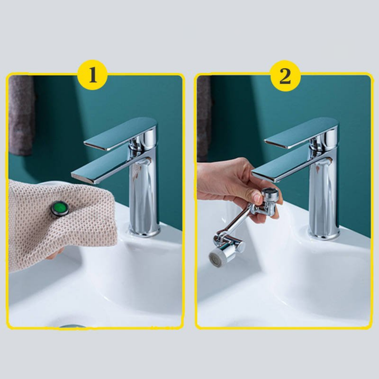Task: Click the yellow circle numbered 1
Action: pyautogui.click(x=92, y=75)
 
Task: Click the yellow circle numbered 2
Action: pyautogui.click(x=285, y=75)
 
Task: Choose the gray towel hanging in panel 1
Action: pyautogui.click(x=21, y=115)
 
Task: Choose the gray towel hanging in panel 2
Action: pyautogui.click(x=204, y=118)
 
